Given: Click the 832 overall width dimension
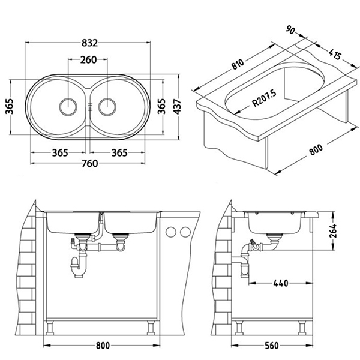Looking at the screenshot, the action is click(x=89, y=43).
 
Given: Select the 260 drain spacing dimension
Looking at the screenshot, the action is click(x=88, y=59).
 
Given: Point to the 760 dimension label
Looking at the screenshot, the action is click(x=90, y=163).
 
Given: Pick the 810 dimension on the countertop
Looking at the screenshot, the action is click(x=238, y=64).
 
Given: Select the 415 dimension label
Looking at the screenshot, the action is click(x=335, y=54).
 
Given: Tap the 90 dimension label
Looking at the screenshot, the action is click(x=290, y=30).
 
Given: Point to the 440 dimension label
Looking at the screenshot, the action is click(x=281, y=283).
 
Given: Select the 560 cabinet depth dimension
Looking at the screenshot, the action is click(x=272, y=346).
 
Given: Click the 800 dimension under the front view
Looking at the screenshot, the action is click(x=103, y=346).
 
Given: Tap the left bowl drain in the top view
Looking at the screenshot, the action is click(x=68, y=107).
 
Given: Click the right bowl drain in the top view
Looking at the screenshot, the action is click(x=107, y=107).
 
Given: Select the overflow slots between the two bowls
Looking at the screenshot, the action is click(x=90, y=106).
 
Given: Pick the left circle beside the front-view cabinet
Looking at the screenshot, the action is click(x=171, y=232).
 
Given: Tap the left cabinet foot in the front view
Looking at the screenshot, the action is click(x=50, y=328).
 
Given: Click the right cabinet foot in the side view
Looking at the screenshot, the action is click(x=302, y=328).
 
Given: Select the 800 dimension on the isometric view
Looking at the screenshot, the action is click(x=316, y=150).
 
